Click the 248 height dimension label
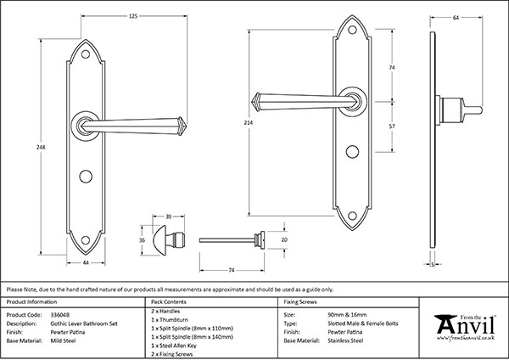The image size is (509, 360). click(41, 147)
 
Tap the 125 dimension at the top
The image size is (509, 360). click(109, 16)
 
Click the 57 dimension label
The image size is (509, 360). click(390, 126)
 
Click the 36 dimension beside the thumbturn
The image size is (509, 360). click(143, 239)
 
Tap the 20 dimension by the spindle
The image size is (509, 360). click(284, 240)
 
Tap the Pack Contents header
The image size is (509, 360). click(168, 302)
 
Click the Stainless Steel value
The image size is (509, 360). click(344, 340)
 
